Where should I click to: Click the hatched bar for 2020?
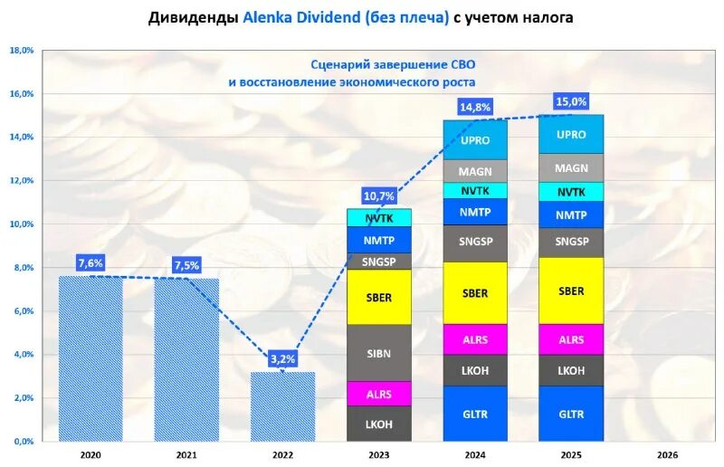90,357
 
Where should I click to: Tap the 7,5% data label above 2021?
186,265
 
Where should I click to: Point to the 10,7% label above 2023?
379,195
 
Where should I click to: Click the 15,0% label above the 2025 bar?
571,101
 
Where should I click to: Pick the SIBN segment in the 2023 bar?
379,353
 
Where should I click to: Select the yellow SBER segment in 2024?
475,293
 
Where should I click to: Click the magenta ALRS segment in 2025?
571,339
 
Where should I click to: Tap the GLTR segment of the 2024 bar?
475,414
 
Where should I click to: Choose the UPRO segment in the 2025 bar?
571,134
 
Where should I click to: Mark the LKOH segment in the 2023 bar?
379,424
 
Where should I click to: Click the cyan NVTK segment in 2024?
475,191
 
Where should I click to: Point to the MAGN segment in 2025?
571,168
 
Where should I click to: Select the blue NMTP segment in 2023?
379,240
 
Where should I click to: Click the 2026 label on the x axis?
667,454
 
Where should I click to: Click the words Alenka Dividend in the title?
301,18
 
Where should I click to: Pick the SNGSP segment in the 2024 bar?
475,243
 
